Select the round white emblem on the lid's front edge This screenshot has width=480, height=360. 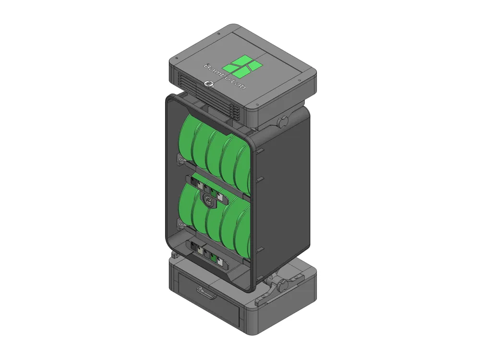tap(208, 84)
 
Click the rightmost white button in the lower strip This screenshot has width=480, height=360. tap(220, 262)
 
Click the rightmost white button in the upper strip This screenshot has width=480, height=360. tap(220, 196)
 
